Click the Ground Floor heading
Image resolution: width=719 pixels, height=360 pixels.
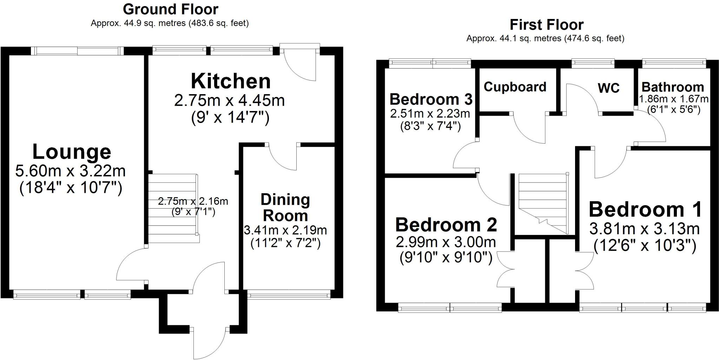click(x=170, y=9)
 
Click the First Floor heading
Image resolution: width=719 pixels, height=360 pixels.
click(x=546, y=25)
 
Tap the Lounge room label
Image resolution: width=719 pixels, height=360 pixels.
click(x=72, y=152)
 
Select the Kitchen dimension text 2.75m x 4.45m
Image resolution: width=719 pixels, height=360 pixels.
click(x=229, y=101)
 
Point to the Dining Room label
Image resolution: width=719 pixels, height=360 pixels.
click(x=285, y=208)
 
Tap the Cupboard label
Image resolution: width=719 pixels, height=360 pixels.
click(x=515, y=87)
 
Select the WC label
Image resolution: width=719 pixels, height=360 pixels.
click(x=608, y=88)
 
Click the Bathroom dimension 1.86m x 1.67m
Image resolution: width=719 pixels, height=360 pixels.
click(x=673, y=99)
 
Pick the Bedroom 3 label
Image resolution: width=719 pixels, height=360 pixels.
click(x=431, y=99)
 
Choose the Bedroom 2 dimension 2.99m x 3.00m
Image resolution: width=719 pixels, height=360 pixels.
click(x=446, y=242)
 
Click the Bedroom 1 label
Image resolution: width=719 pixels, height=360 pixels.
click(x=645, y=209)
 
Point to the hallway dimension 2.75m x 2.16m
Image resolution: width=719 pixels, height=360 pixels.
click(x=193, y=201)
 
